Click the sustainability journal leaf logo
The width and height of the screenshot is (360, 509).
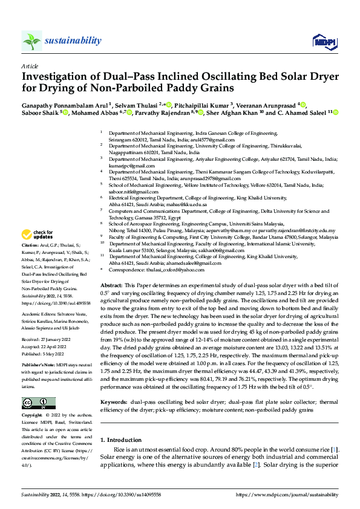tap(31, 41)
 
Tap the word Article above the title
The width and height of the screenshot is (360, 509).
tap(29, 65)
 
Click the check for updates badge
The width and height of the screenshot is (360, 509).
tap(38, 235)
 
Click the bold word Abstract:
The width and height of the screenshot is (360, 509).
tap(111, 284)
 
